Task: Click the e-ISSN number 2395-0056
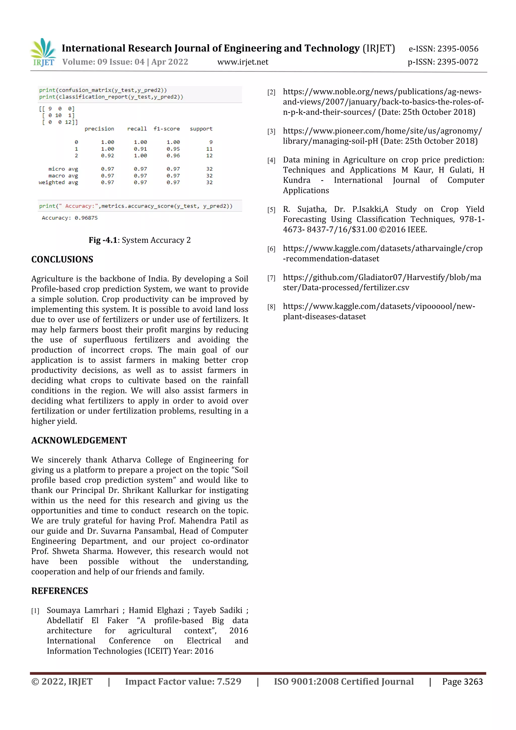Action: [x=458, y=49]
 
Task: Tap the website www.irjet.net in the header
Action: [x=243, y=62]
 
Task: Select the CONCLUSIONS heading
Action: [x=62, y=260]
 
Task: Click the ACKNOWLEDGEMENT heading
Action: [x=79, y=440]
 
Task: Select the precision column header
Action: [x=99, y=129]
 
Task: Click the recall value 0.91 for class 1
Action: [x=140, y=149]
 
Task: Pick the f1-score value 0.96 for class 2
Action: [x=173, y=155]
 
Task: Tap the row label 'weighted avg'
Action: [x=58, y=182]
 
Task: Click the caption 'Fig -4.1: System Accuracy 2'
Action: [x=140, y=240]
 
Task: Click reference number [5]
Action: [x=271, y=210]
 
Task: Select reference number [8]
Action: [x=271, y=307]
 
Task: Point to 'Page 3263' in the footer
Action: [x=462, y=682]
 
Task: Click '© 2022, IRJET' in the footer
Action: [x=62, y=682]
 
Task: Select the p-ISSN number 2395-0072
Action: [x=458, y=62]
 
